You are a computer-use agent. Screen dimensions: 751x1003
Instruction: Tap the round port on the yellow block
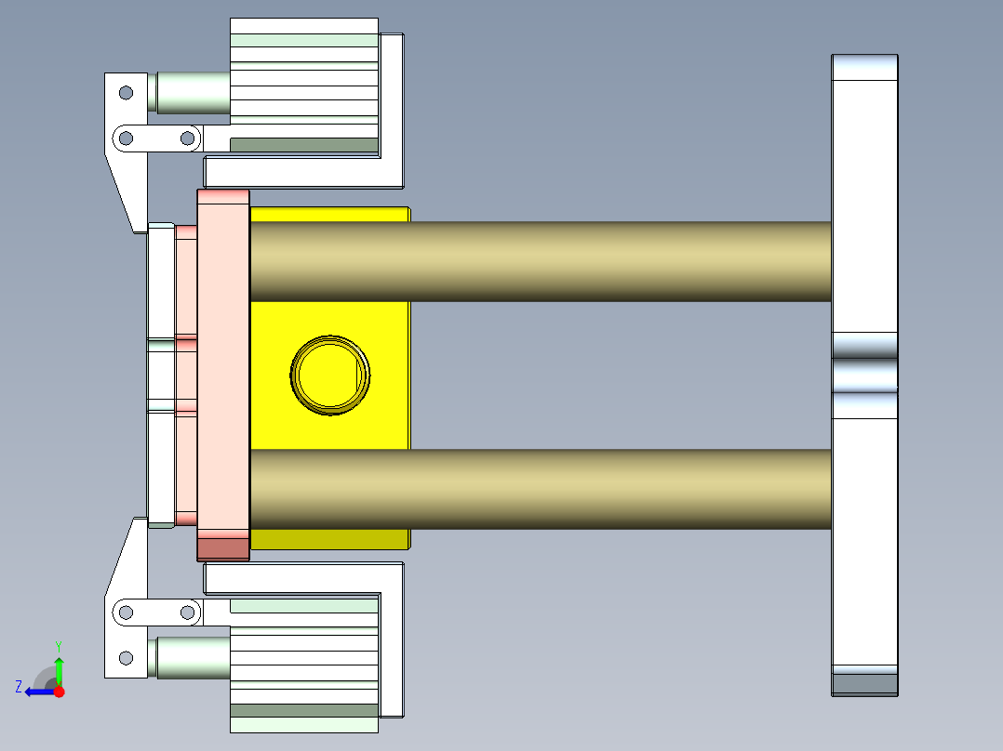[330, 375]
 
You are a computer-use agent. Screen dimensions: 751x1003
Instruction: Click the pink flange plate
[223, 372]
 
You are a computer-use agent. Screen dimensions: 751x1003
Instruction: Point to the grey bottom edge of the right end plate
[864, 684]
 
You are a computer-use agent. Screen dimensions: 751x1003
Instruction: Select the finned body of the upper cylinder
[303, 84]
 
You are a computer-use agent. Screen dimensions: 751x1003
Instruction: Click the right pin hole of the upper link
[187, 138]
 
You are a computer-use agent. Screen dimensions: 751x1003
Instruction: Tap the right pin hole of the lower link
[187, 612]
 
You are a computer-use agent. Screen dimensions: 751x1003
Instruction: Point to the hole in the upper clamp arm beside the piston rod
[126, 92]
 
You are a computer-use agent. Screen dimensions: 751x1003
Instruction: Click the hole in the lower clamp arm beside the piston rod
[126, 658]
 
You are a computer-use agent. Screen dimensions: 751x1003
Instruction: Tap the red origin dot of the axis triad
[59, 692]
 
